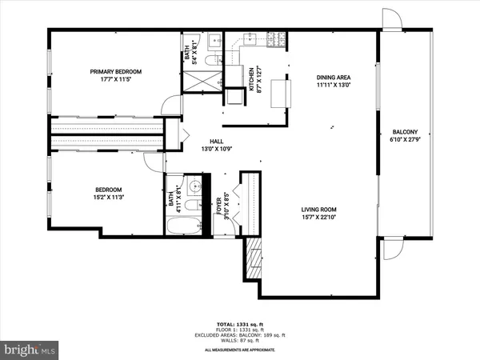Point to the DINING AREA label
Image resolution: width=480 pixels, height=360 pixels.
coord(334,82)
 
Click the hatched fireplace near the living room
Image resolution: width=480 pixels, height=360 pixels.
coord(253,258)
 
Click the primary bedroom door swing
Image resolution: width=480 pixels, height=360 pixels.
coord(170,106)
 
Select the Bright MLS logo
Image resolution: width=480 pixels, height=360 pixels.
coord(30,349)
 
